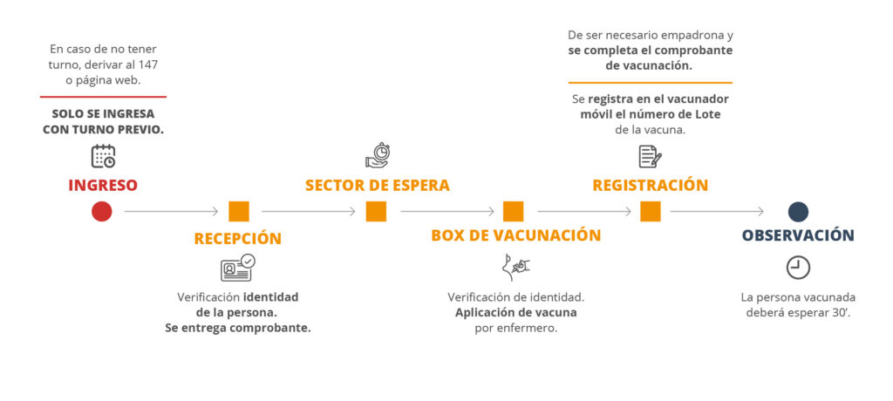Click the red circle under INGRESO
(102, 211)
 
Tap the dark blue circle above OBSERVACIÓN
(798, 211)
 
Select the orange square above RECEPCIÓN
(239, 211)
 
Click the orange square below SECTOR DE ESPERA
(376, 211)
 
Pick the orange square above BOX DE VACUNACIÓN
(513, 211)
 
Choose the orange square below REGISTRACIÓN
(651, 211)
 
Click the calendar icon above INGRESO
(103, 156)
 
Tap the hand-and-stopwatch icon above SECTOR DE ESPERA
(377, 155)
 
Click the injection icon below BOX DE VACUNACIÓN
(515, 268)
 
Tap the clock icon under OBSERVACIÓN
(798, 268)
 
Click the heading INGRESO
(103, 186)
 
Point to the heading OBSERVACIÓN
(798, 235)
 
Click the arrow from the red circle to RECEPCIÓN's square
(171, 211)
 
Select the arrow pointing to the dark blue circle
(717, 211)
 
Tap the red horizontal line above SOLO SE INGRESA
(103, 97)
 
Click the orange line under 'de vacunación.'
(650, 83)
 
